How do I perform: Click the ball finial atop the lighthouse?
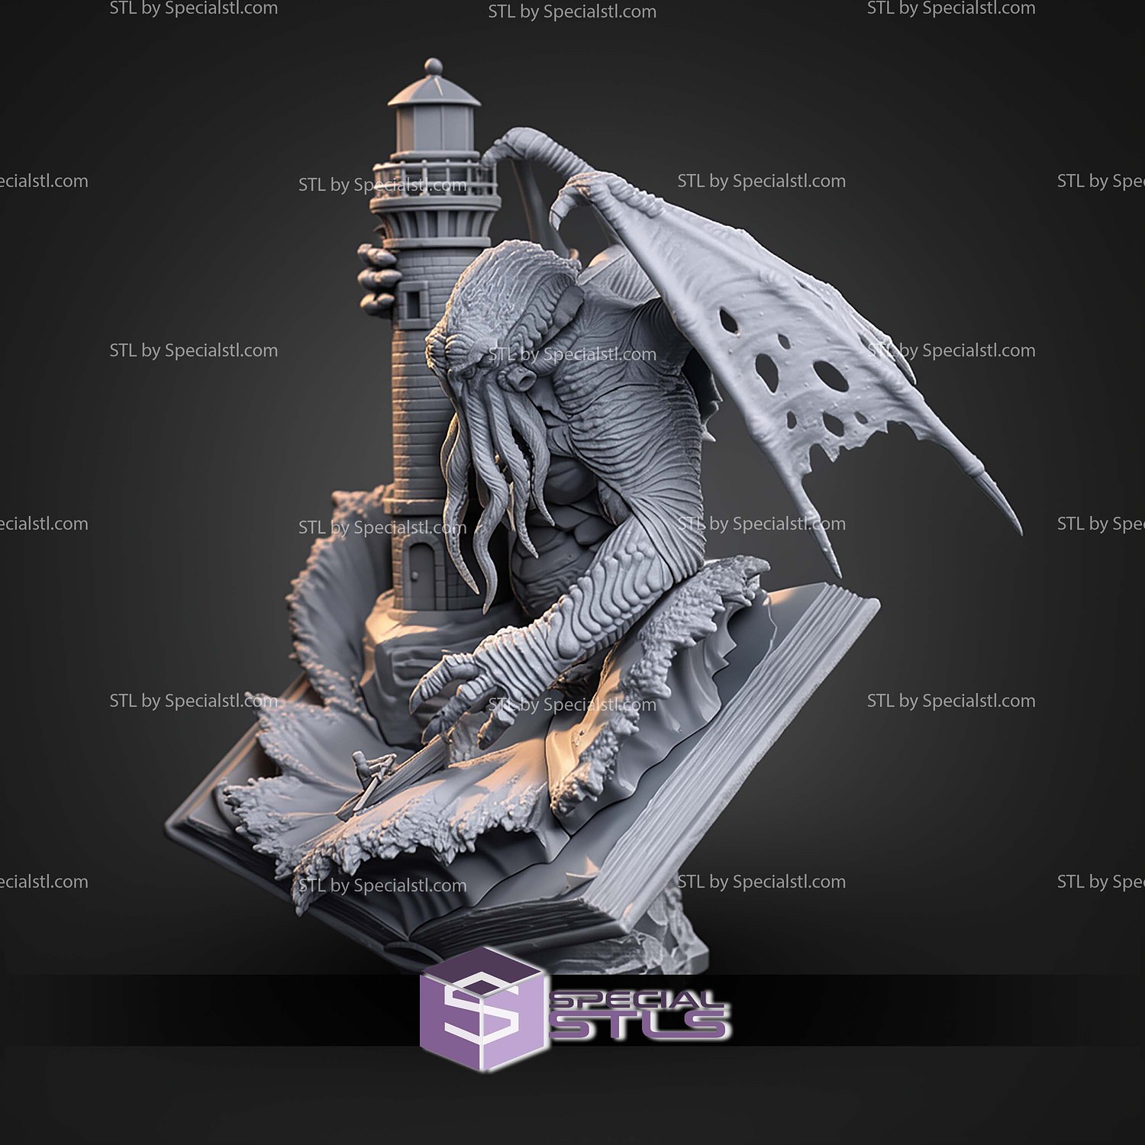coord(433,66)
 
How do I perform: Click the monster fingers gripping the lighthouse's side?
coord(376,279)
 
